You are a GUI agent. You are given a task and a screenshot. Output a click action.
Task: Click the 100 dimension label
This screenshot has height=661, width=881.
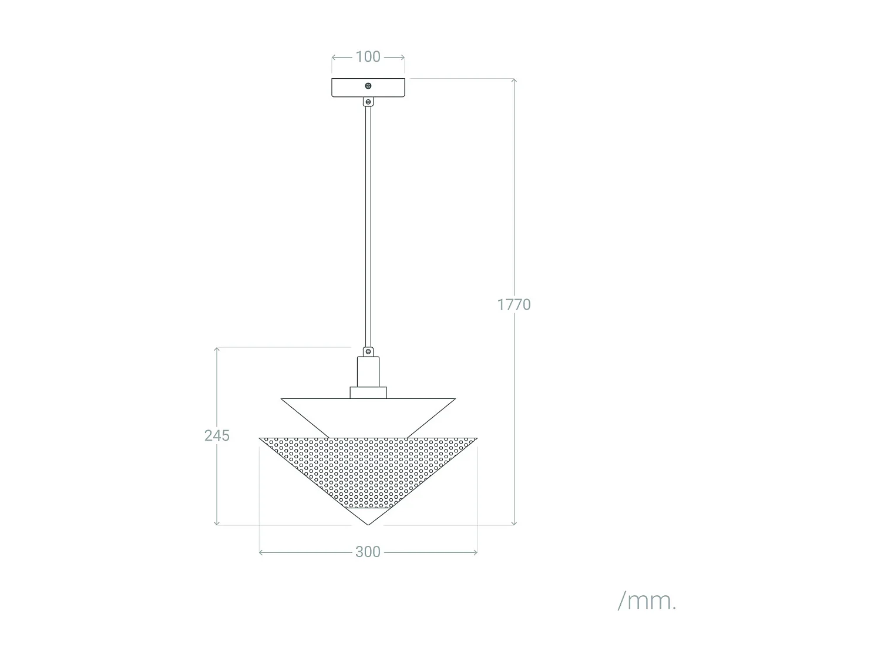click(368, 57)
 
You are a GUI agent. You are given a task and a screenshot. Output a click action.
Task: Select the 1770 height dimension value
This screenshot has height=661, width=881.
click(514, 304)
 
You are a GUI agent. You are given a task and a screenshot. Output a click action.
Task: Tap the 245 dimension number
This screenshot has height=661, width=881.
click(217, 435)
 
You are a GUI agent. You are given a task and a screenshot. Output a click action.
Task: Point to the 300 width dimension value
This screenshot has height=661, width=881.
click(368, 552)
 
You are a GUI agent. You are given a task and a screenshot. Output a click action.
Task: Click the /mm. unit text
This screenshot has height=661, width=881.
click(647, 600)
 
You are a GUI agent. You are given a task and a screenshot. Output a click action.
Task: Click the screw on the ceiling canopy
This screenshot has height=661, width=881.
click(368, 86)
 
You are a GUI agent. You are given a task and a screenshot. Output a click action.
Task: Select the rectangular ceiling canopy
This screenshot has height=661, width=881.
click(347, 88)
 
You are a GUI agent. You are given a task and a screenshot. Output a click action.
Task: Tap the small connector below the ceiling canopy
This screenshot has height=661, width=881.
click(368, 102)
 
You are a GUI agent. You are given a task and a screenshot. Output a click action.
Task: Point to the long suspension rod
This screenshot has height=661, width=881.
click(368, 223)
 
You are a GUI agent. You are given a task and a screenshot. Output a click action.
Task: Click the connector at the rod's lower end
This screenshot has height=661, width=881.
click(368, 351)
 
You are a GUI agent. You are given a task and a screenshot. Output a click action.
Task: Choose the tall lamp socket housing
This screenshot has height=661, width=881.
click(368, 371)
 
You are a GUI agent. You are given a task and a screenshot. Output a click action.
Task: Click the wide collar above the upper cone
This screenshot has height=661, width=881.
click(368, 392)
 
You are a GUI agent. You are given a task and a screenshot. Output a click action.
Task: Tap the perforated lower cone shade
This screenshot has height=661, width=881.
click(368, 470)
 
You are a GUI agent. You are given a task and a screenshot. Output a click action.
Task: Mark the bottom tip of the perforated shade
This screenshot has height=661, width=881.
click(368, 524)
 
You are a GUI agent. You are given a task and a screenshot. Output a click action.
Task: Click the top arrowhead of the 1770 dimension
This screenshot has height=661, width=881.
click(514, 80)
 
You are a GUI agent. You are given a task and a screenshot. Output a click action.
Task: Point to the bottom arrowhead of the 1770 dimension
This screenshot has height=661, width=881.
click(514, 523)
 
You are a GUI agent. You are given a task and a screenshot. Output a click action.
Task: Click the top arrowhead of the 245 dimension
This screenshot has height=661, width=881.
click(217, 349)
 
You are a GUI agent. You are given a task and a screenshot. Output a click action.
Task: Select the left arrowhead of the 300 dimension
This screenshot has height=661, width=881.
click(261, 552)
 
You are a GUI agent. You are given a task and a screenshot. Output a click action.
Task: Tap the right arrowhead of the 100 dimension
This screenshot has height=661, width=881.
click(403, 57)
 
